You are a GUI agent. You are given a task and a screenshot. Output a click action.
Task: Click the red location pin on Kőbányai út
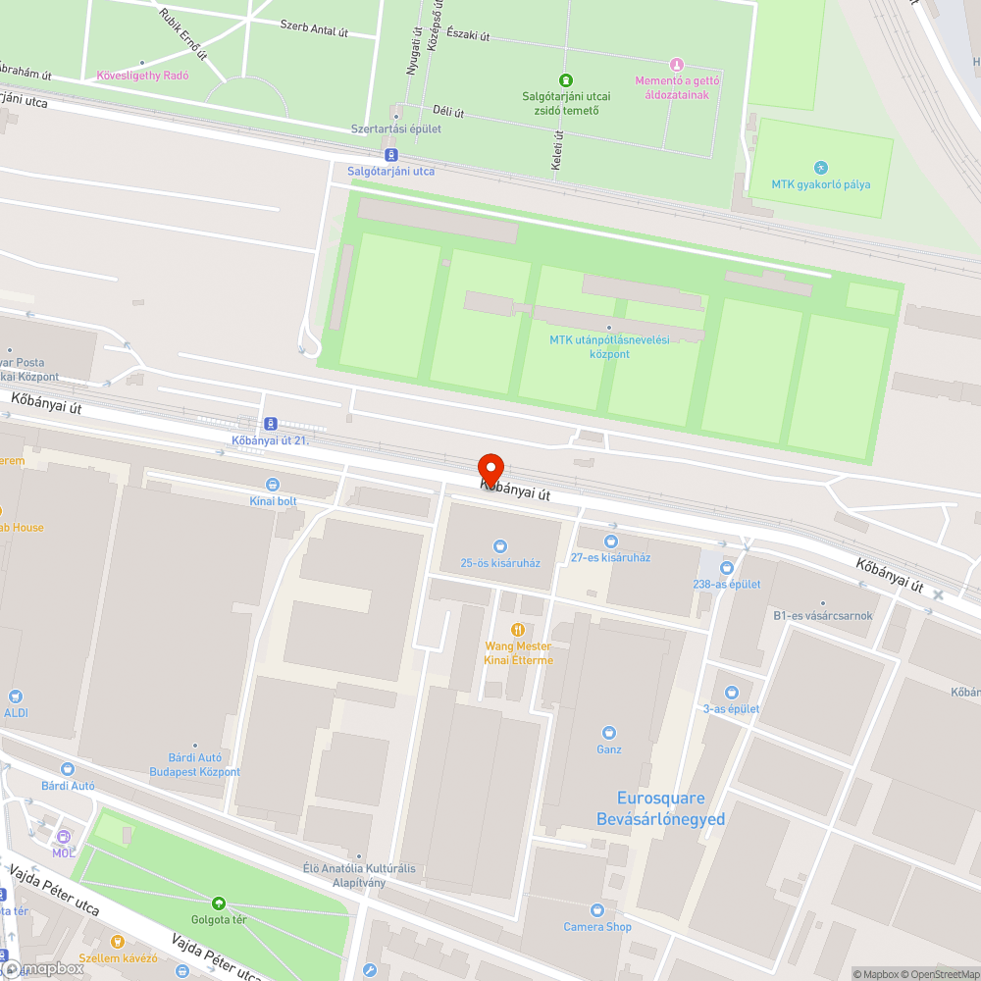(490, 470)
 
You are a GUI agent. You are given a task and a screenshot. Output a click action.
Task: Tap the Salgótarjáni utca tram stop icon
(391, 155)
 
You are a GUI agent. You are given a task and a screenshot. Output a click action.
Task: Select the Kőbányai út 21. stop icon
(270, 424)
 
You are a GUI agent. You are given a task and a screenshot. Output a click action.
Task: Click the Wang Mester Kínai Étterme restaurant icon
(518, 630)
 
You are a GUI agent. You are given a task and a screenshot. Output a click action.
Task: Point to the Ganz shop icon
(608, 733)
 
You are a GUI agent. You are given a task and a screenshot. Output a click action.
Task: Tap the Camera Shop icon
(597, 910)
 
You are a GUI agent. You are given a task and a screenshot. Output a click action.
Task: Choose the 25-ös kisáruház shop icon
(500, 545)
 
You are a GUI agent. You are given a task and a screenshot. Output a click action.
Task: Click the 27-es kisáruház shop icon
(611, 541)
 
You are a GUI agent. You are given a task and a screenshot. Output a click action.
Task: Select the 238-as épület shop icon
(727, 567)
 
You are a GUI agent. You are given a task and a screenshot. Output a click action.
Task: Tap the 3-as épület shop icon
(731, 693)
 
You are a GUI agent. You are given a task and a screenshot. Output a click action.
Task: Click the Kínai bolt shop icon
(273, 485)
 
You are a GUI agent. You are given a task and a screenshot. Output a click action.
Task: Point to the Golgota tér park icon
(218, 903)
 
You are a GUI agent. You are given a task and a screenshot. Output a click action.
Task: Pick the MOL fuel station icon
(64, 837)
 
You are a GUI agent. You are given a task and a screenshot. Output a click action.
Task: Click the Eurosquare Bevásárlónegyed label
(660, 808)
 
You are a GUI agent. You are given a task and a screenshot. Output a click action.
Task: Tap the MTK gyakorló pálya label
(820, 183)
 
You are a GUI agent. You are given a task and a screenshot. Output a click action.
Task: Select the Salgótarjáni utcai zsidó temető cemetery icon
(565, 79)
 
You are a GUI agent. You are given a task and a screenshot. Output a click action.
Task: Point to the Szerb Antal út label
(314, 27)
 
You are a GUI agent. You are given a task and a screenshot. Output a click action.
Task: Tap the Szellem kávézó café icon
(118, 942)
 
